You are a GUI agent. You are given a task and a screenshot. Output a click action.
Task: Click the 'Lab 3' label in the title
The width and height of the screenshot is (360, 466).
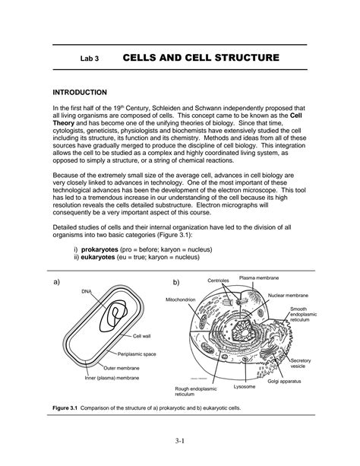point(90,59)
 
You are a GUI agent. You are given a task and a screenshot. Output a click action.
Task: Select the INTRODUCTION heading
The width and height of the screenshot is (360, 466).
point(80,93)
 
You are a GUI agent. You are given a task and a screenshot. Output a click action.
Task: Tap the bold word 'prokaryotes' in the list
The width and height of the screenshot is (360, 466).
point(99,249)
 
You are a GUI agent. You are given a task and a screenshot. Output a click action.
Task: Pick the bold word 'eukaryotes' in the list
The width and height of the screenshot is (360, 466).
point(98,257)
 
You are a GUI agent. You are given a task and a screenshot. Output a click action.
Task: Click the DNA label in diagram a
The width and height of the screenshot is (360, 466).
point(87,292)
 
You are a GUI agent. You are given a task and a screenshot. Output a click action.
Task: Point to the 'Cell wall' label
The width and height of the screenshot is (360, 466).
point(142,336)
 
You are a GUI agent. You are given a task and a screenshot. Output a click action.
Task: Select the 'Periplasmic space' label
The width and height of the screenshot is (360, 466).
point(137,354)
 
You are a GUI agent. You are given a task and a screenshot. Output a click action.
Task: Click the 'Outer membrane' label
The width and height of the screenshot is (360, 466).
point(122,368)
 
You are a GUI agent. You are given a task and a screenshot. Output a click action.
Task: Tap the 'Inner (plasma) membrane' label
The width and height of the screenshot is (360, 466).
point(112,378)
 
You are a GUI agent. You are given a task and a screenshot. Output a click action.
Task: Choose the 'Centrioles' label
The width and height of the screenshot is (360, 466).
point(218,281)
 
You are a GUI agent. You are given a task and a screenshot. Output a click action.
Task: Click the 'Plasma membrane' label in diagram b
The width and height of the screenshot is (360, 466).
point(259,278)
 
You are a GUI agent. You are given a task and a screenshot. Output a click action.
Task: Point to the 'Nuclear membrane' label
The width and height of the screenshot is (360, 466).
point(288,296)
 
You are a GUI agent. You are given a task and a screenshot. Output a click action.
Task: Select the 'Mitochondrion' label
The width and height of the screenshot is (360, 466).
point(181,300)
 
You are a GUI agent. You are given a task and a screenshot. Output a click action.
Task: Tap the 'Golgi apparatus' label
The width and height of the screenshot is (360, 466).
point(284,382)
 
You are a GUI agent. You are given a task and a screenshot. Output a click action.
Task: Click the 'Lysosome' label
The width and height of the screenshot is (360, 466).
point(244,387)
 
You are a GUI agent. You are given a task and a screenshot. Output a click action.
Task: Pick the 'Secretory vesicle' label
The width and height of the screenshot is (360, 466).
point(300,363)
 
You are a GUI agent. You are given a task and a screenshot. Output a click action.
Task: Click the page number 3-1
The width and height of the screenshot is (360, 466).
point(180,441)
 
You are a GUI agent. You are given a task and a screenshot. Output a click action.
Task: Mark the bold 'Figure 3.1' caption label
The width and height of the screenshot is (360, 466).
point(65,408)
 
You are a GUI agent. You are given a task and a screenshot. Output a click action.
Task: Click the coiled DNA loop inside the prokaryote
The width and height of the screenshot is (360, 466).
point(113,316)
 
